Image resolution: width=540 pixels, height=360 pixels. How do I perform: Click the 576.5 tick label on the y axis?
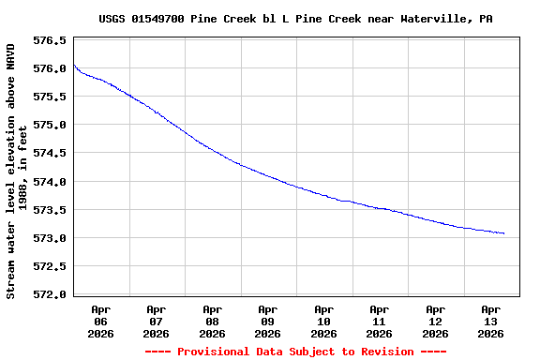tap(50, 41)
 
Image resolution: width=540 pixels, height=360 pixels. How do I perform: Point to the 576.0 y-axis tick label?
tap(50, 69)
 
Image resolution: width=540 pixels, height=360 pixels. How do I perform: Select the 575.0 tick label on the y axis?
tap(50, 126)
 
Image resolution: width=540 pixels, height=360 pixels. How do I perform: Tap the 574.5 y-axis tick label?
tap(50, 154)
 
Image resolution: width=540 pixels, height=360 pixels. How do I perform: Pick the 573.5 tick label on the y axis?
tap(50, 210)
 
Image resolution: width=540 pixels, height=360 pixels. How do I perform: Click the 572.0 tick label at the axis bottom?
tap(50, 294)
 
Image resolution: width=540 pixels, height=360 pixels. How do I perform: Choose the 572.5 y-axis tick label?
tap(50, 266)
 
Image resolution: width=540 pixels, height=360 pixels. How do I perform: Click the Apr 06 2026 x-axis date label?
tap(100, 321)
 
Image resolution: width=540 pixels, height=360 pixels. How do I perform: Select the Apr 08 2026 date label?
tap(212, 321)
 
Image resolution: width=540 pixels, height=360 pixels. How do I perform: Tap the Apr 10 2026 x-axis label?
tap(323, 321)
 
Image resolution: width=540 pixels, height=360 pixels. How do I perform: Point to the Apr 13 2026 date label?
tap(490, 321)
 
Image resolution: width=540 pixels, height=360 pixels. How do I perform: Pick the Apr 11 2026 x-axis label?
tap(379, 321)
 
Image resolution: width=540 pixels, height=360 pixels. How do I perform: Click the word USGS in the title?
tap(112, 19)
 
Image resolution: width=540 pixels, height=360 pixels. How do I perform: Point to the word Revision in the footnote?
tap(382, 352)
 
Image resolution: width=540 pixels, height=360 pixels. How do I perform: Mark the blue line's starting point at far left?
tap(73, 64)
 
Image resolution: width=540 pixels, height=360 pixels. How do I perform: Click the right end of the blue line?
tap(504, 233)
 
